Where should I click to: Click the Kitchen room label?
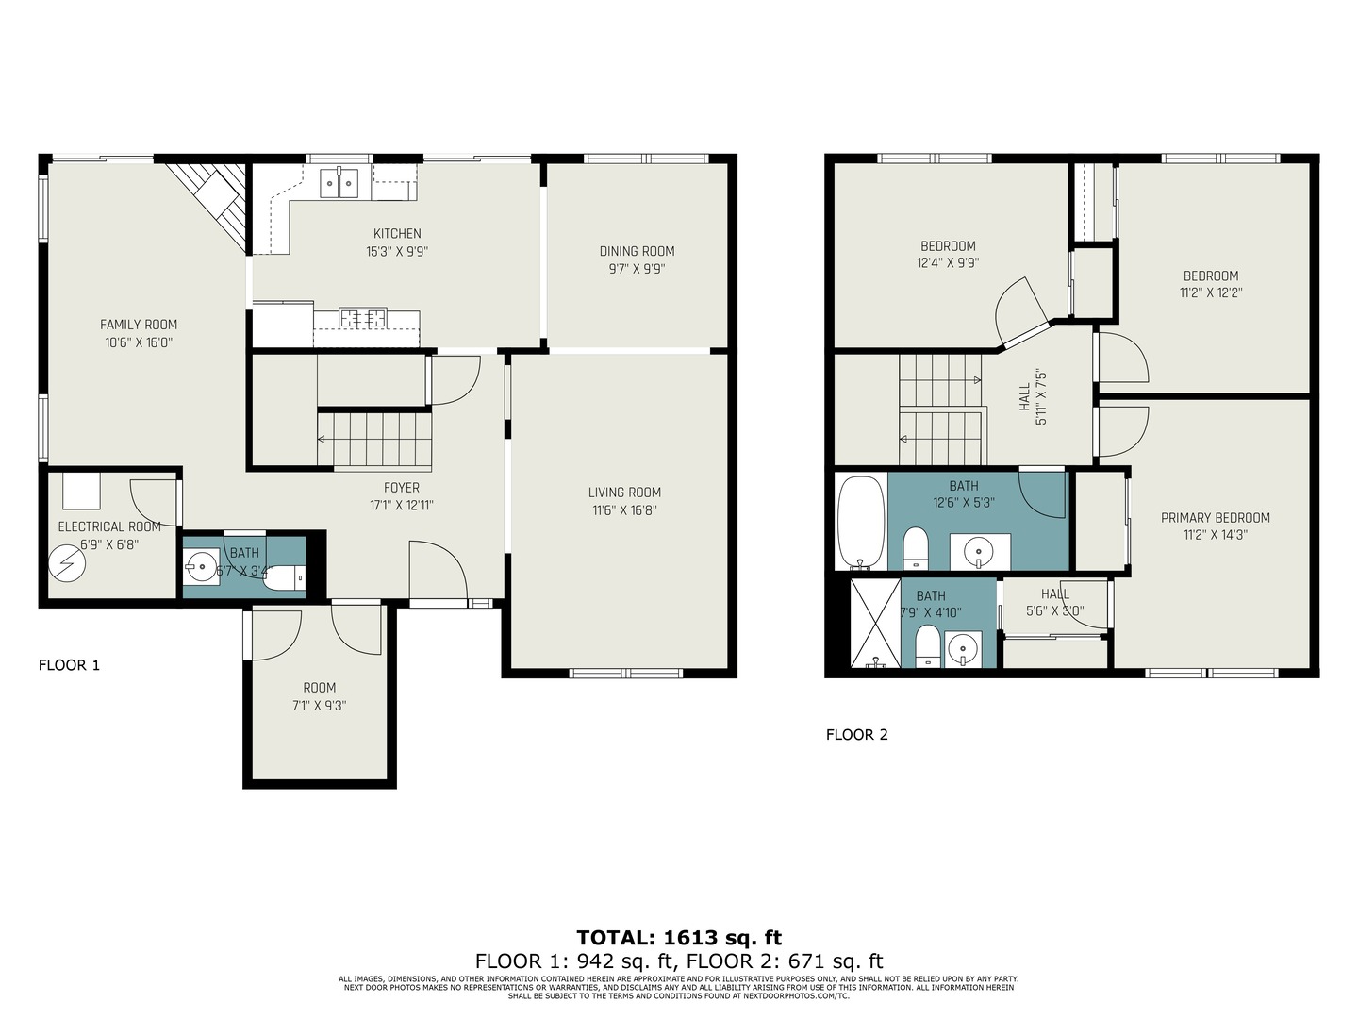pos(397,234)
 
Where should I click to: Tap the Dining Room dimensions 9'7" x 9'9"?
pos(637,269)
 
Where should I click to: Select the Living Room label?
pos(624,493)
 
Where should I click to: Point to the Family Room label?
pos(139,325)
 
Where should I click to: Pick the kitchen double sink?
pos(339,182)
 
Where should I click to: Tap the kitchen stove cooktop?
pos(363,318)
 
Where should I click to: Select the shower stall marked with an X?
pos(875,623)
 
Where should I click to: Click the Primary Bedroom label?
pos(1215,518)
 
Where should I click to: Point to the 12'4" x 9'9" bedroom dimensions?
pos(948,263)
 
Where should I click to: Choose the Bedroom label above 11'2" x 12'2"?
pos(1211,276)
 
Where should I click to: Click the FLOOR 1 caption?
pos(69,665)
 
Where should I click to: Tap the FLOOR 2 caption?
pos(856,735)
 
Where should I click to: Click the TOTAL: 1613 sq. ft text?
pos(679,938)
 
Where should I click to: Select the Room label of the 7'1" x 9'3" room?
pos(319,688)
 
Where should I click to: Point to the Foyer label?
pos(401,488)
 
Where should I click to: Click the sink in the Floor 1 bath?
pos(201,568)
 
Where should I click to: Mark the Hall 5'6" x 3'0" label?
pos(1054,594)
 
